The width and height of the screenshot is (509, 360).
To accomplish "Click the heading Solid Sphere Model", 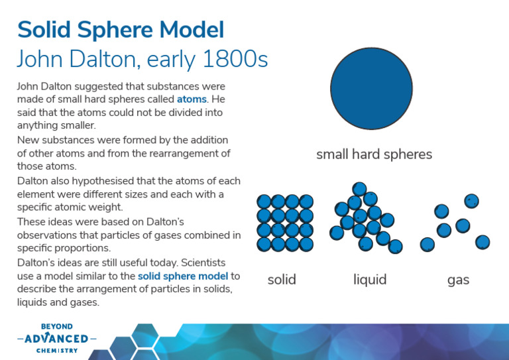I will (x=120, y=30).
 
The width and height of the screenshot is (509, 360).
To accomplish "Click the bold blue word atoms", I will (x=192, y=99).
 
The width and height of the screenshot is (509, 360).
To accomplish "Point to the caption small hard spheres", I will (x=374, y=154).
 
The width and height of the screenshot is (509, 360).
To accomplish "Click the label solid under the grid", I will (x=282, y=280).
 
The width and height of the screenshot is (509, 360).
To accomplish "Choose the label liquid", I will (x=370, y=280).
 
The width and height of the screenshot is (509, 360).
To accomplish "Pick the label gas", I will (x=458, y=280).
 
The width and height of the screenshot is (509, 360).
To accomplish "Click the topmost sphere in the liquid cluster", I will (x=360, y=189).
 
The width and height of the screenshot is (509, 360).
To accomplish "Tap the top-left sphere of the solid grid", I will (x=264, y=201).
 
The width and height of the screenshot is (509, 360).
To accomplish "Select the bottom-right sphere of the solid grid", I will (x=306, y=245).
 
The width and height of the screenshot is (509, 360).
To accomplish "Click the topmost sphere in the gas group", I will (x=471, y=201).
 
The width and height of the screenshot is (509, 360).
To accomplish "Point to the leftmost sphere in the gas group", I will (x=427, y=244).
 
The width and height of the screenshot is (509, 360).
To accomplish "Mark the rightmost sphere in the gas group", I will (x=482, y=241).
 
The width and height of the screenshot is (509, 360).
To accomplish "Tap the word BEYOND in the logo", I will (x=57, y=327).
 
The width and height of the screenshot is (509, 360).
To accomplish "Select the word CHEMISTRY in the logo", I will (x=57, y=350).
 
